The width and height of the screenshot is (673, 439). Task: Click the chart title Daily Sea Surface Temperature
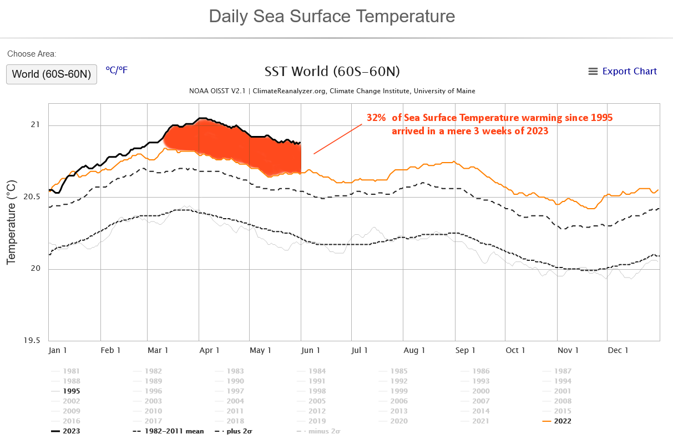point(332,16)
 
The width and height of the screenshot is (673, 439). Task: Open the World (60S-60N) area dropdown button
point(52,74)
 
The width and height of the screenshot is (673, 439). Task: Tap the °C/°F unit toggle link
point(117,70)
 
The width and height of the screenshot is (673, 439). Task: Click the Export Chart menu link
point(623,71)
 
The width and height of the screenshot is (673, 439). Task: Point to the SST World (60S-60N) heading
point(332,72)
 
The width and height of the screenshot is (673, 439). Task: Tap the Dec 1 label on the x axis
point(618,350)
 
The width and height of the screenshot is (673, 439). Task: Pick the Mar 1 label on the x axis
point(158,350)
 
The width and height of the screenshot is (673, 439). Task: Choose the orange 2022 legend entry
point(561,421)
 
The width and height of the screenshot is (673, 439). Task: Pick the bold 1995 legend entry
point(72,391)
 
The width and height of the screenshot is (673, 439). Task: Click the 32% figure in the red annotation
point(376,118)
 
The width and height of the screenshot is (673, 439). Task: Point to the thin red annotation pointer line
point(337,139)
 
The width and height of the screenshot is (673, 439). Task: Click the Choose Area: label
point(32,54)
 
